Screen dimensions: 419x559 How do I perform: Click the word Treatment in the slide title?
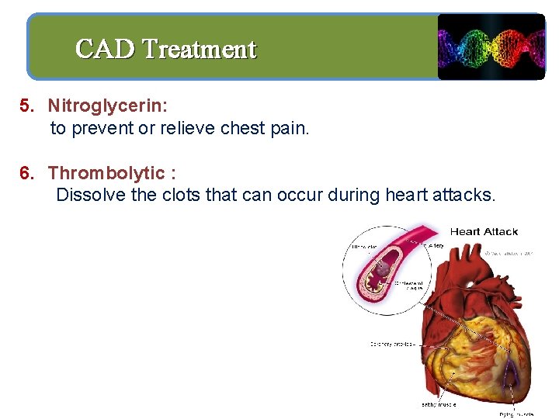coord(200,49)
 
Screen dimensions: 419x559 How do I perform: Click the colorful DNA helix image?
coord(491,47)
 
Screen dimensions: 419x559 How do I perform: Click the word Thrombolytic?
coord(106,173)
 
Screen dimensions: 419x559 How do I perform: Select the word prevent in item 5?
coord(102,128)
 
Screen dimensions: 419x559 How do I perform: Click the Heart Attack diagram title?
coord(484,231)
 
